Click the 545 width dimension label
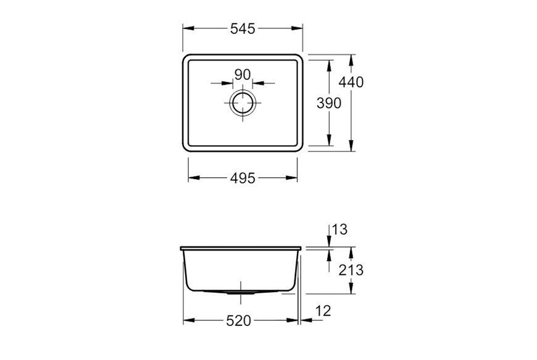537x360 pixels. (x=243, y=29)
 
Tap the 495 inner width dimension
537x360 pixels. (x=243, y=178)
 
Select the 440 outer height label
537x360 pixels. (x=351, y=82)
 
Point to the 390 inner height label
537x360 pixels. (x=329, y=103)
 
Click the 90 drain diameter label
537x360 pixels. (x=243, y=74)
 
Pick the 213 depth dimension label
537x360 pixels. (x=351, y=270)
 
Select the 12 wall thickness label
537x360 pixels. (x=323, y=311)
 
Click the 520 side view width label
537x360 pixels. (x=239, y=321)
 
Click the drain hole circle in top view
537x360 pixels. (x=243, y=92)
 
